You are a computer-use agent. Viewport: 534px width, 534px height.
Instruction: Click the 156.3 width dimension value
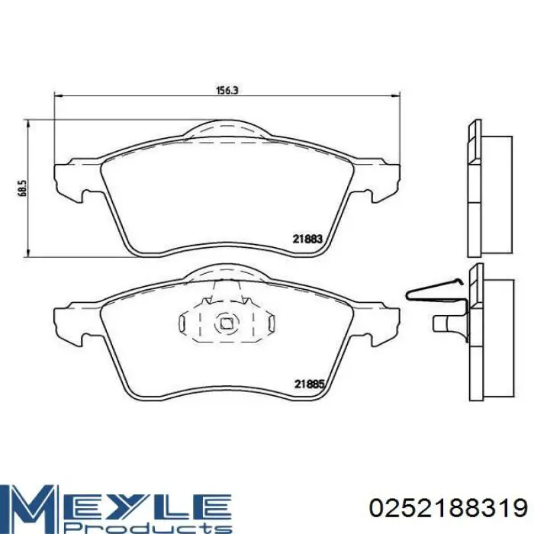pos(227,90)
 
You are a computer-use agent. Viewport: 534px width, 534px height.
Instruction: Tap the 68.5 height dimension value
pos(22,188)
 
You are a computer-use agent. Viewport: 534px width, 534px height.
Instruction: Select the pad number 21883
pos(307,239)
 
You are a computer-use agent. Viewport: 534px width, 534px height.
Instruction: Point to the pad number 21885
pos(309,384)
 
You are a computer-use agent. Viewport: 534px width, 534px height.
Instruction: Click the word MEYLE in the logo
pos(116,503)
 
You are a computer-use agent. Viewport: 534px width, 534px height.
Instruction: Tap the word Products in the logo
pos(146,528)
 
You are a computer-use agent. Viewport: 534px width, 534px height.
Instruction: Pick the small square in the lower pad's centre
pos(226,323)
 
